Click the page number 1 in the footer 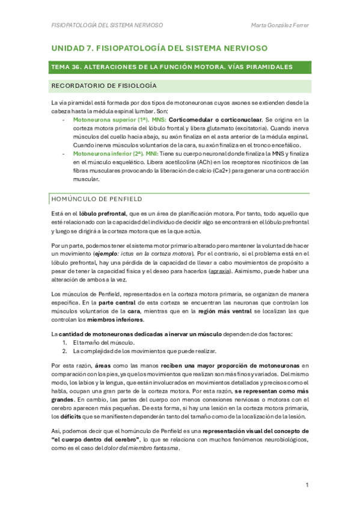[307, 485]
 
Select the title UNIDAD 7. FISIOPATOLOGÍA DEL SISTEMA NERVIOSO [159, 47]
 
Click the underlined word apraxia [219, 271]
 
